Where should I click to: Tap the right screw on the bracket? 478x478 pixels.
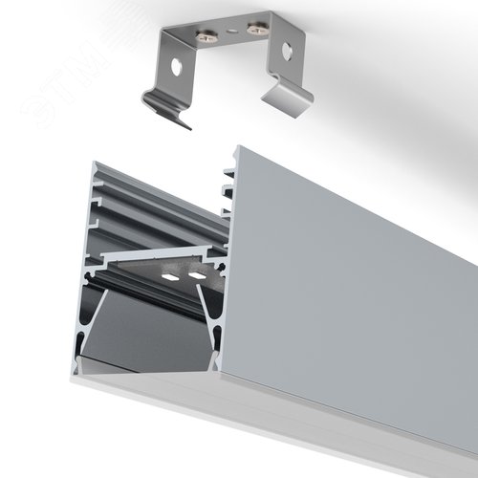256,30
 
